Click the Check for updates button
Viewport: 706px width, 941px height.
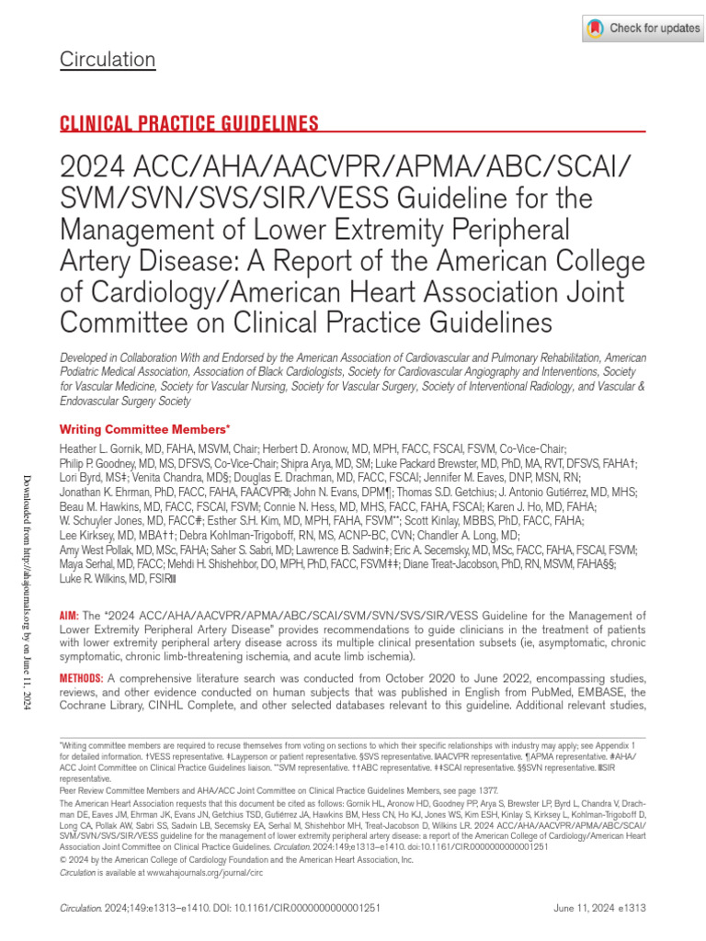tap(643, 28)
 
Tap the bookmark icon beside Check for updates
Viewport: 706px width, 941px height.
tap(596, 28)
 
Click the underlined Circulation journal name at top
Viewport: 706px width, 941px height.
tap(108, 61)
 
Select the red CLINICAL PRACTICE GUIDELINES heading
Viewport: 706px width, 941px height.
tap(189, 125)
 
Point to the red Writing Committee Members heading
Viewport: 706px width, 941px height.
tap(143, 429)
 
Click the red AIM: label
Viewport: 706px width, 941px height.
tap(69, 590)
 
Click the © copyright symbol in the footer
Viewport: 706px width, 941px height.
tap(62, 860)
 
